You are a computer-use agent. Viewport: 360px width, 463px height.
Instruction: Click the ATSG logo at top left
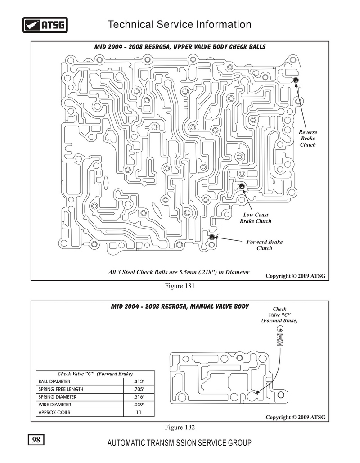click(45, 25)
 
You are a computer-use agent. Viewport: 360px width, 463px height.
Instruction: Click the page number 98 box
click(36, 440)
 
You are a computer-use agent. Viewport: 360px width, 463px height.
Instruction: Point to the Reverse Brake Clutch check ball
click(295, 80)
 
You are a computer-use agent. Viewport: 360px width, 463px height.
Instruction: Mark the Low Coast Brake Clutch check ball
click(242, 186)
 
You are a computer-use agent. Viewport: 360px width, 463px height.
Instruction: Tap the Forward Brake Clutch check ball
click(212, 237)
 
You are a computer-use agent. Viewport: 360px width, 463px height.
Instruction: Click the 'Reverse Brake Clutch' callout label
click(308, 139)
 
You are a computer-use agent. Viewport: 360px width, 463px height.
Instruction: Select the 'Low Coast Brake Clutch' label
click(256, 218)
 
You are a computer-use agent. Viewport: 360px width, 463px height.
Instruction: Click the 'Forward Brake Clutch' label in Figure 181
click(264, 245)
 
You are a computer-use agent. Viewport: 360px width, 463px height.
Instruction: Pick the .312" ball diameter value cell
click(139, 382)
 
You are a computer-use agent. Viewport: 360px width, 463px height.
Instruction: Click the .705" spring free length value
click(139, 389)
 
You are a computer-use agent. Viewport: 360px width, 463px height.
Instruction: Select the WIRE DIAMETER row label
click(54, 405)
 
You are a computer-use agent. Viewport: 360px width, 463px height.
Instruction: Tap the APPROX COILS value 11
click(139, 412)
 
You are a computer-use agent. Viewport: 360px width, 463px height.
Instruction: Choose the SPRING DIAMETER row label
click(57, 397)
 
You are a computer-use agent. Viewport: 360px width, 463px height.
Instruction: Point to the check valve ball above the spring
click(280, 328)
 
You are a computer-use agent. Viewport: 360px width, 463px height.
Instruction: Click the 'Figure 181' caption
click(180, 286)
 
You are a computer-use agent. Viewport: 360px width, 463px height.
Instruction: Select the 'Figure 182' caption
click(180, 427)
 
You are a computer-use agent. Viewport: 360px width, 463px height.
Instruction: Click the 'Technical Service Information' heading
click(180, 24)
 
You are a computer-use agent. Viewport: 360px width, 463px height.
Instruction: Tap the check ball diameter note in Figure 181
click(179, 272)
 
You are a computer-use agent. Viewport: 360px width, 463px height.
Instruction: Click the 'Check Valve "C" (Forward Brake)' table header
click(95, 374)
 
